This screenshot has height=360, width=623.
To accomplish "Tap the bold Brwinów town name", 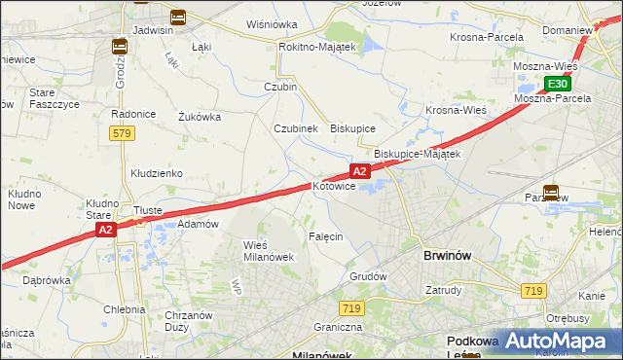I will click(x=448, y=255).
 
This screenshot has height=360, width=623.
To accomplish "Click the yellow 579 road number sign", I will click(x=121, y=132).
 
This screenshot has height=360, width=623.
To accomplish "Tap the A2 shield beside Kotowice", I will click(x=359, y=171).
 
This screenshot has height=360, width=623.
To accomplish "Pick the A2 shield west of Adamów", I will click(x=106, y=230).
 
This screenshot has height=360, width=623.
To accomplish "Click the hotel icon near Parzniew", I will click(x=551, y=193).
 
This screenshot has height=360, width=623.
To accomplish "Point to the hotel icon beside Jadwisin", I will click(x=177, y=17).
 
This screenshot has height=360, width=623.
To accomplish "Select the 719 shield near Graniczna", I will click(x=352, y=308).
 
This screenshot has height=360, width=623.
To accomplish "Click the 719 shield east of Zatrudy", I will click(x=532, y=291).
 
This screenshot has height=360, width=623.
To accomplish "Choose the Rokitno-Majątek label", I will click(x=318, y=46).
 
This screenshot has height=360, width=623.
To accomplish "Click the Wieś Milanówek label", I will click(x=268, y=250).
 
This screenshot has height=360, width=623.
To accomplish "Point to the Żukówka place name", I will click(x=200, y=117).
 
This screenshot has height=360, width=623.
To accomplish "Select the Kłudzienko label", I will click(x=157, y=173).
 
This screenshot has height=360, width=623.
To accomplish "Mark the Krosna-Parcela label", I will click(x=487, y=37).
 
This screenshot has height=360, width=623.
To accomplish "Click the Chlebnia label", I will click(x=125, y=309).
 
